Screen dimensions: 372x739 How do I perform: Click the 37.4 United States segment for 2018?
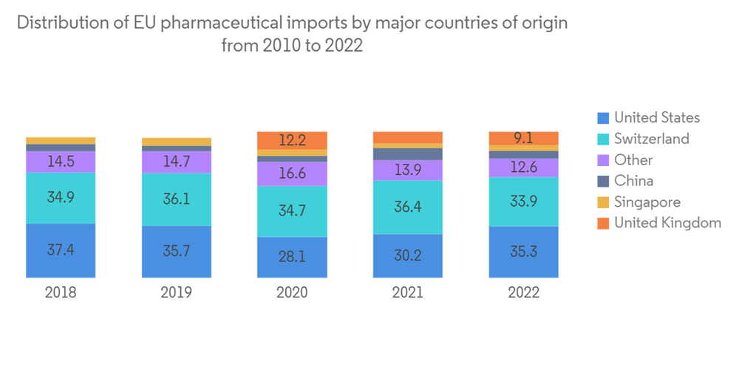[61, 250]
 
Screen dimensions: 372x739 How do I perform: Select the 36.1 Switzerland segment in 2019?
[177, 199]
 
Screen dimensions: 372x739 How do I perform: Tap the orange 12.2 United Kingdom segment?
[292, 140]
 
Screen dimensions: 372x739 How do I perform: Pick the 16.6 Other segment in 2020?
[292, 173]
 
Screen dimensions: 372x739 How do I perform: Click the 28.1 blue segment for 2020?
[292, 257]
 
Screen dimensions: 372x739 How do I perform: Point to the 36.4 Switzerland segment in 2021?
[408, 207]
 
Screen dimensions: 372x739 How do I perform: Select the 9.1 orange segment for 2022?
[524, 138]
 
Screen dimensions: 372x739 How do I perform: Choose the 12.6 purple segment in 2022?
[524, 168]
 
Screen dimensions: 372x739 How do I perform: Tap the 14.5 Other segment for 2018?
[61, 162]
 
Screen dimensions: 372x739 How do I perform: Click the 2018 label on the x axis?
[61, 292]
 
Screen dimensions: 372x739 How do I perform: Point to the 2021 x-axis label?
[408, 292]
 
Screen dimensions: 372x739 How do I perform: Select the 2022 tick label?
[524, 292]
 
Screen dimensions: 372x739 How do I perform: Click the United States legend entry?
[656, 117]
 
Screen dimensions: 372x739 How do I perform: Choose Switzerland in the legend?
[651, 139]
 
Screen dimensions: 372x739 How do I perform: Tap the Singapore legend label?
[647, 202]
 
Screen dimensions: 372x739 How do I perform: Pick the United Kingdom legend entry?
[667, 223]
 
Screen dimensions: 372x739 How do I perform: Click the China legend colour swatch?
[603, 181]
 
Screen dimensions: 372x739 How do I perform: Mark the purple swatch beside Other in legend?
[603, 160]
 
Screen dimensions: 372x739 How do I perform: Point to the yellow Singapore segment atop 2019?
[177, 142]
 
